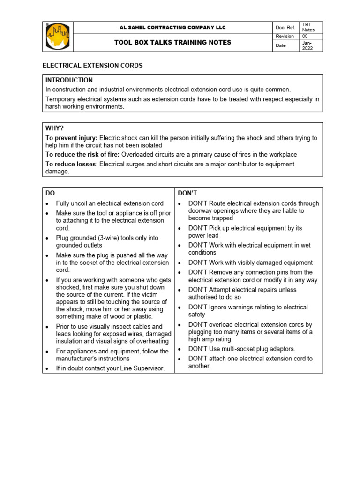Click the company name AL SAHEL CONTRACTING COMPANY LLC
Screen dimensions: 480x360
pyautogui.click(x=172, y=28)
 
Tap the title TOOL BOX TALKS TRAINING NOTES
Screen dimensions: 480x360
pyautogui.click(x=172, y=43)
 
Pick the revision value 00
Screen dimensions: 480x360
pyautogui.click(x=305, y=36)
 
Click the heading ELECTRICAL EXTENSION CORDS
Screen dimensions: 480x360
pyautogui.click(x=92, y=66)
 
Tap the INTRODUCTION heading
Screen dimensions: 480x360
pyautogui.click(x=69, y=80)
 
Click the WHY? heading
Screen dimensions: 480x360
pyautogui.click(x=54, y=128)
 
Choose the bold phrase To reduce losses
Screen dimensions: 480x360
pyautogui.click(x=71, y=164)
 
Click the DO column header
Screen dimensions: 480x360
pyautogui.click(x=50, y=193)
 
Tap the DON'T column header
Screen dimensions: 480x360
pyautogui.click(x=187, y=193)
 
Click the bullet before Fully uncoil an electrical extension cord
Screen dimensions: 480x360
pyautogui.click(x=48, y=204)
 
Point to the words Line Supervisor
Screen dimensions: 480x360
pyautogui.click(x=143, y=368)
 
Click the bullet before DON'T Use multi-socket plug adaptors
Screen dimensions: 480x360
pyautogui.click(x=180, y=349)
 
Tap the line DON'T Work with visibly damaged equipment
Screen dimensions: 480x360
pyautogui.click(x=250, y=262)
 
